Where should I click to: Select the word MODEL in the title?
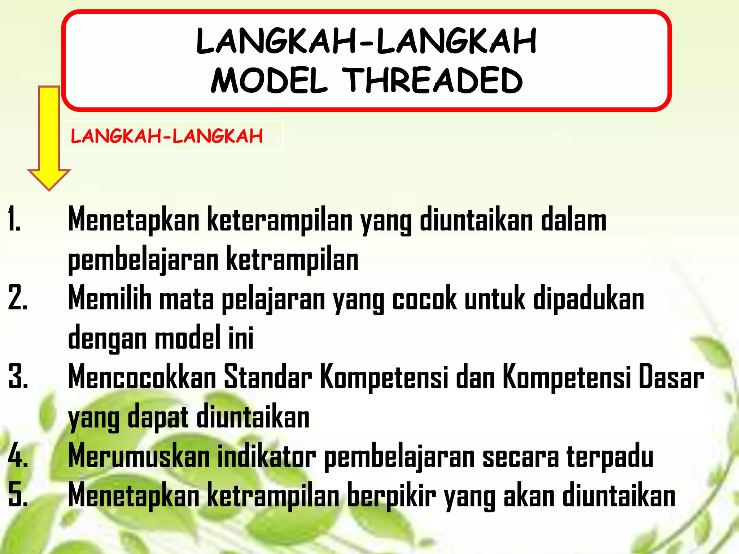[269, 81]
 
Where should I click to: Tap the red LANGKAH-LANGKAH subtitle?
[167, 136]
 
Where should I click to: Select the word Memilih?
[110, 299]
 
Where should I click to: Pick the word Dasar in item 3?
[671, 377]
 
